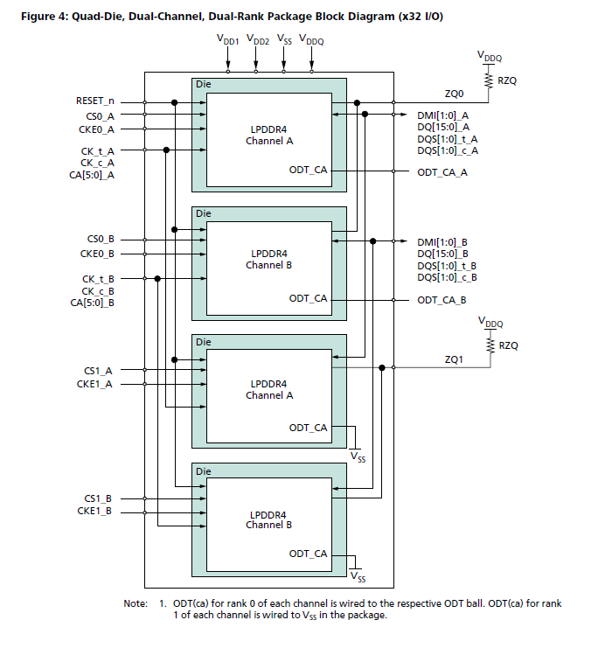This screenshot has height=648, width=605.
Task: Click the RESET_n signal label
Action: pyautogui.click(x=95, y=101)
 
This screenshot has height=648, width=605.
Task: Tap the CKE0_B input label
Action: pyautogui.click(x=96, y=254)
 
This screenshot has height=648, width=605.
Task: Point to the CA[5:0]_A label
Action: pyautogui.click(x=93, y=175)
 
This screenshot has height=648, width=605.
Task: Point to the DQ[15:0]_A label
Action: pyautogui.click(x=444, y=127)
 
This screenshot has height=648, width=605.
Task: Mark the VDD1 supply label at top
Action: pyautogui.click(x=228, y=40)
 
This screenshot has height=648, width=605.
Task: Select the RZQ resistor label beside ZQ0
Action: pyautogui.click(x=508, y=80)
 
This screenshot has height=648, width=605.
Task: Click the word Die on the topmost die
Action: pyautogui.click(x=203, y=85)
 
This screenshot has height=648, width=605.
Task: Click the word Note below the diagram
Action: pyautogui.click(x=136, y=603)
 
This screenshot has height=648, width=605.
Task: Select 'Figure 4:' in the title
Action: pyautogui.click(x=41, y=17)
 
